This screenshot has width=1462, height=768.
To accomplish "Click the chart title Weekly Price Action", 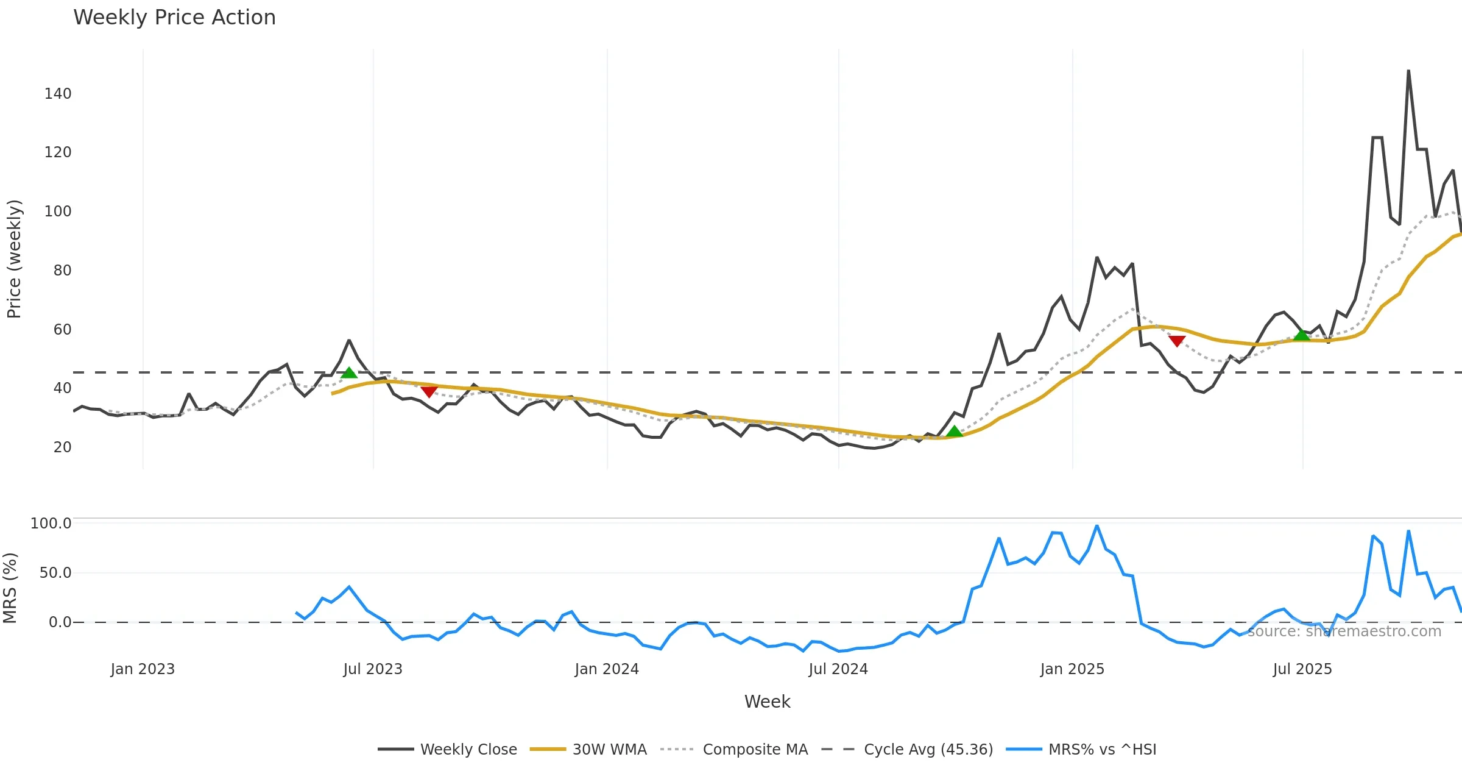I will click(x=174, y=18).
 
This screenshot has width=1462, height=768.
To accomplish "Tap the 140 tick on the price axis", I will click(x=58, y=94).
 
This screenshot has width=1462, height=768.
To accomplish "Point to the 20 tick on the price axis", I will click(x=62, y=447).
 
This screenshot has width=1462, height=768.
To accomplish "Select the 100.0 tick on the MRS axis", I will click(x=51, y=524).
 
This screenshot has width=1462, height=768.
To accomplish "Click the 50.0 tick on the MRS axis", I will click(x=55, y=573).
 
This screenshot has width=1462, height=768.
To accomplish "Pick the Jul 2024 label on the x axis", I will click(x=838, y=669).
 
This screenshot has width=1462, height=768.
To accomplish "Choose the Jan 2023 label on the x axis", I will click(x=143, y=669).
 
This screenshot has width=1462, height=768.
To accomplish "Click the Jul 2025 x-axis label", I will click(x=1302, y=669).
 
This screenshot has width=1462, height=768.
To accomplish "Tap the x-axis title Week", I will click(x=767, y=702).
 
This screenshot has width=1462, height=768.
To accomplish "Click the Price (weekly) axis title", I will click(x=14, y=259).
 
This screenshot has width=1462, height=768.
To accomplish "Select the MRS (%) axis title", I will click(x=10, y=588).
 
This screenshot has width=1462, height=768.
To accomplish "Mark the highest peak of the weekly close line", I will click(x=1408, y=71).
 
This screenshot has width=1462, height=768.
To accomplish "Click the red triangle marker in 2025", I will click(x=1177, y=341).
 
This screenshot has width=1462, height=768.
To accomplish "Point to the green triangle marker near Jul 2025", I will click(x=1302, y=335).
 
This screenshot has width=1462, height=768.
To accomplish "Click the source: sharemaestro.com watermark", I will click(x=1344, y=631).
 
